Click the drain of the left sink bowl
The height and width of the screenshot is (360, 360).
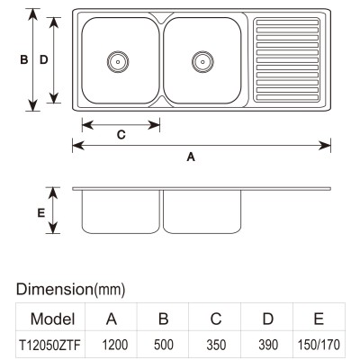tap(118, 62)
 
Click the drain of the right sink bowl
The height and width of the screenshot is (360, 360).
tap(202, 62)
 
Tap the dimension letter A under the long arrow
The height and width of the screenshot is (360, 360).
tap(191, 157)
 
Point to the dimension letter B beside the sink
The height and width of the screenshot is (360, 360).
tap(24, 59)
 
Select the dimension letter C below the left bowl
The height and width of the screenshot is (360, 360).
tap(121, 135)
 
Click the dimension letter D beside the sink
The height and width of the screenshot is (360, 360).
tap(44, 59)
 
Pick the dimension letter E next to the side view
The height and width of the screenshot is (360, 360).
tap(41, 212)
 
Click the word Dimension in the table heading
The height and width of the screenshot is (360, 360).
tap(55, 289)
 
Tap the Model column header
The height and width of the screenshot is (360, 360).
tap(52, 319)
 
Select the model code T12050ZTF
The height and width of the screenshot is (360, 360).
tap(49, 345)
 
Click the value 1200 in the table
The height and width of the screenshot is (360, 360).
tap(115, 345)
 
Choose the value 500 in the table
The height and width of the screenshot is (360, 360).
tap(164, 345)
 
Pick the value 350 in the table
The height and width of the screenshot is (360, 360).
tap(216, 345)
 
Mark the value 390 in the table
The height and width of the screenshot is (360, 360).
tap(268, 345)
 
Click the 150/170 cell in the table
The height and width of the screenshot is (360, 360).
tap(319, 345)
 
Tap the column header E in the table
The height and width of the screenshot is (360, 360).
tap(319, 319)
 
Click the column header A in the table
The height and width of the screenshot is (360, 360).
tap(112, 319)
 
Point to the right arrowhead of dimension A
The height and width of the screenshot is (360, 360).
tap(325, 146)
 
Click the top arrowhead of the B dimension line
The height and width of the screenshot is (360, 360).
tap(32, 14)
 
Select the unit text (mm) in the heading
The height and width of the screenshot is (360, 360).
tap(110, 290)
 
